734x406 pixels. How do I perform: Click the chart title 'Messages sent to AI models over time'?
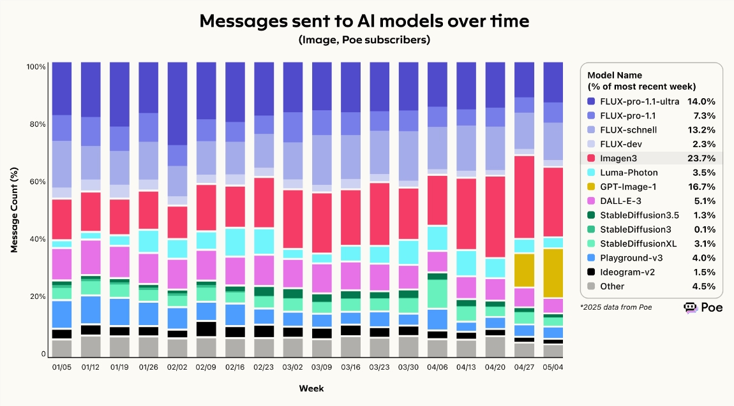tap(364, 21)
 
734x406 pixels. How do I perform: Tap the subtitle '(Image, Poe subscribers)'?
tap(364, 40)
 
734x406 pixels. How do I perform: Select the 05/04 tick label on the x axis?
tap(553, 368)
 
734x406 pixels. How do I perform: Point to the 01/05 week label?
tap(62, 368)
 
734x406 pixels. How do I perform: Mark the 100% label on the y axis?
tap(35, 67)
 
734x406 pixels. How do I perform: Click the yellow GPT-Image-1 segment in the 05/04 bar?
tap(553, 273)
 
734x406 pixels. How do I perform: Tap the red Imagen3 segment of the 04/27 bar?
tap(524, 196)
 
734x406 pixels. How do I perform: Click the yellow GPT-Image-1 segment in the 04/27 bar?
tap(524, 270)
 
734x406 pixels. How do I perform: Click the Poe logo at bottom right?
tap(699, 307)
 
